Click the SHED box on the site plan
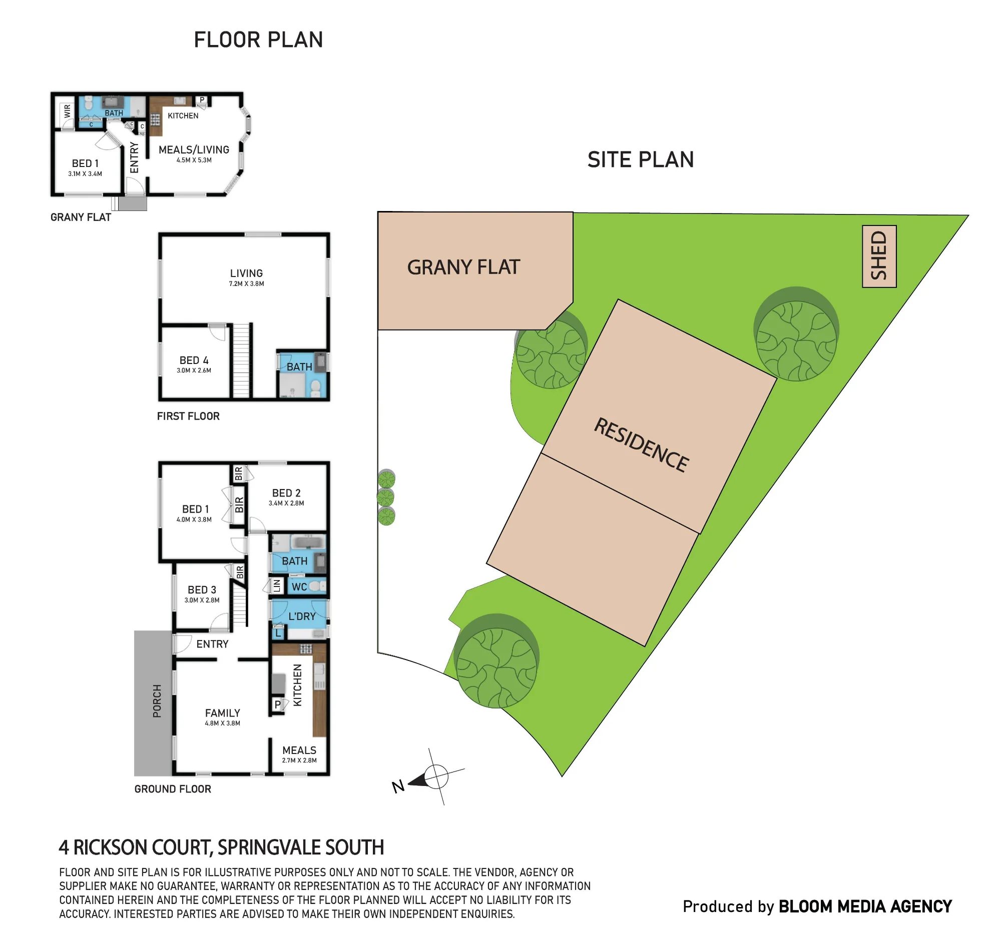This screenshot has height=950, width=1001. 879,256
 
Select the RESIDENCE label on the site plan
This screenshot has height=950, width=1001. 641,444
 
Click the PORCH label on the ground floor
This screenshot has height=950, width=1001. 157,701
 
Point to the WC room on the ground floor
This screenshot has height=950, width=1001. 306,586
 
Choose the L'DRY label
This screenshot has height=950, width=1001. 302,616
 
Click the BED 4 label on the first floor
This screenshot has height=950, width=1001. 194,360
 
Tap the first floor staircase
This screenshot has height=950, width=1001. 241,360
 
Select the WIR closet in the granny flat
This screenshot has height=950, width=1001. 67,111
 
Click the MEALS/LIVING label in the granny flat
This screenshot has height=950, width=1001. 194,149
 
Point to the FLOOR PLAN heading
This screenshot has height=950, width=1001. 258,39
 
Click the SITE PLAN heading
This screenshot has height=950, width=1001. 641,159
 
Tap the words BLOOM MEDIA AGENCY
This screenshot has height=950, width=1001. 865,906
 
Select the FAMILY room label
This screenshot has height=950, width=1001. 223,712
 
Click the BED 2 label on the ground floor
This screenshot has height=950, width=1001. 286,492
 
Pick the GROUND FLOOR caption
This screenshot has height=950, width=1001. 173,789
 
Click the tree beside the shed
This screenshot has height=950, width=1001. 796,334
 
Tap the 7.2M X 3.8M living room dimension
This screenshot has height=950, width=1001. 246,283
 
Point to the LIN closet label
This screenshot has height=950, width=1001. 277,586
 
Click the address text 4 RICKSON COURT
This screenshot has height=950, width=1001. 136,847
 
